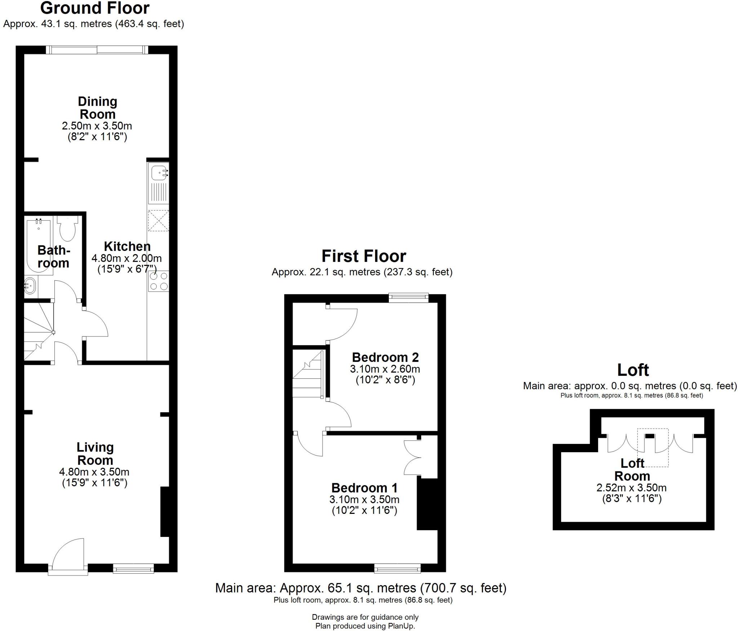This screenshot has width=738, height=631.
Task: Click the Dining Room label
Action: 97,108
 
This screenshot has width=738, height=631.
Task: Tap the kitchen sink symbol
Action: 159,173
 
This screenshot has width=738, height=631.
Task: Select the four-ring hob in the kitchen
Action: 159,281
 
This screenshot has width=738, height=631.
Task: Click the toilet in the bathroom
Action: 68,228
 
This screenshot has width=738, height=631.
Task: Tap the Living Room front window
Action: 133,569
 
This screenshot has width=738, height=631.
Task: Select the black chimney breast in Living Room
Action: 165,512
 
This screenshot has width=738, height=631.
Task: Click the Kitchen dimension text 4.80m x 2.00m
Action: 126,258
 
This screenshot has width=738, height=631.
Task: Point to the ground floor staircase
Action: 38,332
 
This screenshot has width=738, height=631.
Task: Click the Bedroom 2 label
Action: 385,357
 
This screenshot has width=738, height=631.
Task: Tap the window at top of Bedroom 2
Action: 408,298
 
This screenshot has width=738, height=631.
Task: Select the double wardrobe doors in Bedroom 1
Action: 412,457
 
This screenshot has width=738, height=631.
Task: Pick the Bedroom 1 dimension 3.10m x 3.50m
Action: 364,499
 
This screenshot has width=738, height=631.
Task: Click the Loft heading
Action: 633,370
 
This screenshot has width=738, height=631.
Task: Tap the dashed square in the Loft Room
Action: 653,448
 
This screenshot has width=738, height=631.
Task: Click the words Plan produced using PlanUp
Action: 365,626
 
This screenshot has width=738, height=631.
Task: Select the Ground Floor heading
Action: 95,8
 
